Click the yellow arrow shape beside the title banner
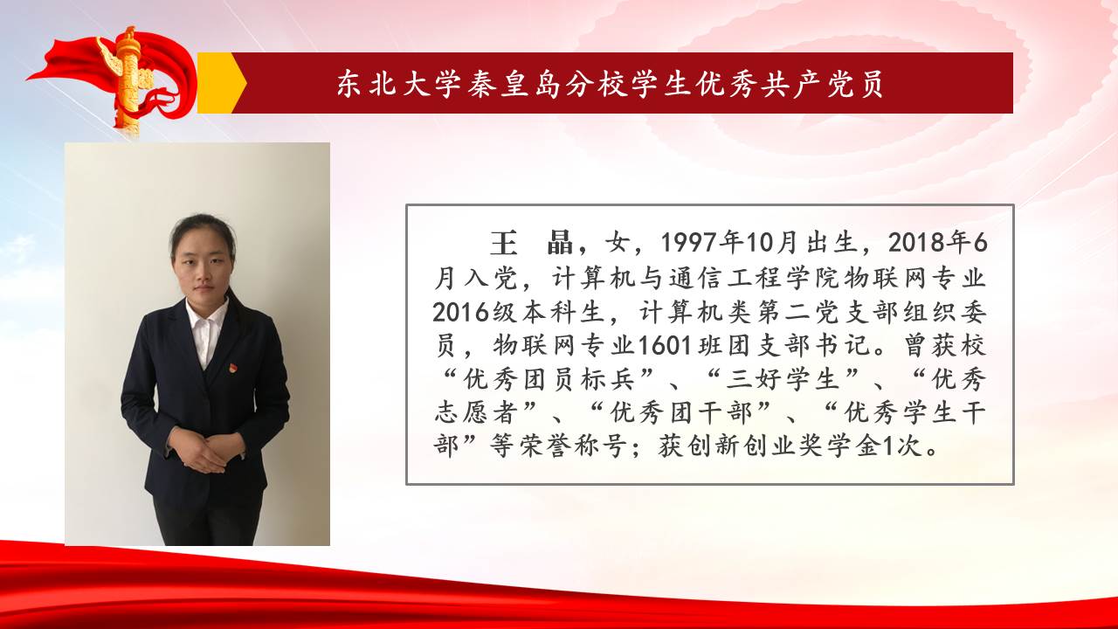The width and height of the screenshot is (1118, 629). point(220,83)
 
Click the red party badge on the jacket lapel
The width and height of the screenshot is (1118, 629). point(232,369)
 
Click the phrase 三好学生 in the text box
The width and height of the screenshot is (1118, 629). point(783,379)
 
